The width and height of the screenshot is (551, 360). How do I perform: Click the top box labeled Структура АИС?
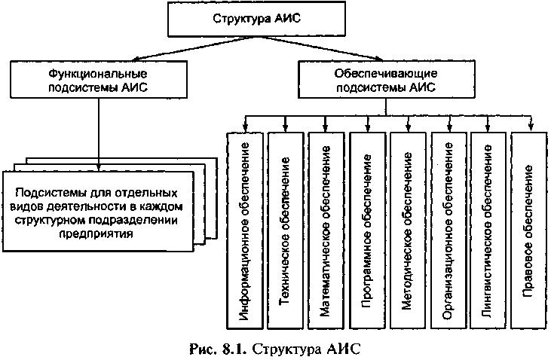256,19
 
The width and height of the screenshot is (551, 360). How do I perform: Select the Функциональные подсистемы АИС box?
99,79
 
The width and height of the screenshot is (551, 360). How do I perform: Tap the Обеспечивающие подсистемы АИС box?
387,79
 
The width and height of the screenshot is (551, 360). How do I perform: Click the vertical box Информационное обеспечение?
245,230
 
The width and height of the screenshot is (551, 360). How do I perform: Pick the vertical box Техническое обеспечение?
286,230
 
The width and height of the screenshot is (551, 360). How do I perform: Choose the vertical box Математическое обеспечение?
326,230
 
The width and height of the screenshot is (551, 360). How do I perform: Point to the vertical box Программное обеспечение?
368,230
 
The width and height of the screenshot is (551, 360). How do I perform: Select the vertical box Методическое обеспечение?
408,230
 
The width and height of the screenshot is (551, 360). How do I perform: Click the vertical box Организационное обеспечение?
448,230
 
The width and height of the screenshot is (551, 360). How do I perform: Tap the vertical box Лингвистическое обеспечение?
488,230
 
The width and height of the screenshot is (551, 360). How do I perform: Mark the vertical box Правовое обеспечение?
529,230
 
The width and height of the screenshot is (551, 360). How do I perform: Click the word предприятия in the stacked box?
96,234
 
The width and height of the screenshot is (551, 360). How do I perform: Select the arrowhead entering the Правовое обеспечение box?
531,127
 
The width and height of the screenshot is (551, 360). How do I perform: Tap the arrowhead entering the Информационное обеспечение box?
245,127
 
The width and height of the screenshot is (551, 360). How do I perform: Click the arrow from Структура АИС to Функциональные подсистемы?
192,48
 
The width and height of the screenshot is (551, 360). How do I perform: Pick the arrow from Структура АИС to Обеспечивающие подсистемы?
319,48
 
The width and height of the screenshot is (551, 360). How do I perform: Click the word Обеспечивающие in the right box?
385,73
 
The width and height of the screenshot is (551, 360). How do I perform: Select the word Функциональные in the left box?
98,74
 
